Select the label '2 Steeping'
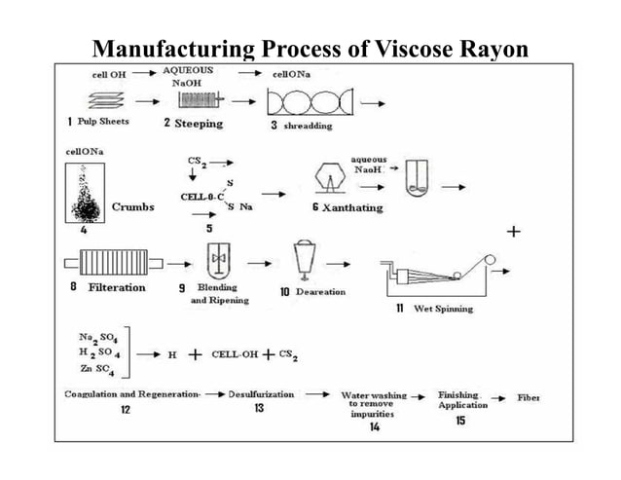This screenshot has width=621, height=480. point(193,124)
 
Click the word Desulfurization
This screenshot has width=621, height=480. point(259,394)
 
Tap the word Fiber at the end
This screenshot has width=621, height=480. point(529,397)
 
